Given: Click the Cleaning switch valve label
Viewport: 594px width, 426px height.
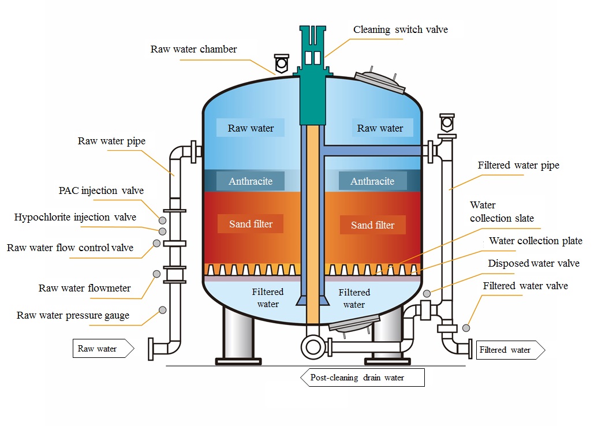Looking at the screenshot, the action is pyautogui.click(x=401, y=29).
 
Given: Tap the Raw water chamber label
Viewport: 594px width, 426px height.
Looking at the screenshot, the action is pyautogui.click(x=193, y=49).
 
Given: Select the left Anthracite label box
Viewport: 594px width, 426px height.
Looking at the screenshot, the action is pyautogui.click(x=251, y=181).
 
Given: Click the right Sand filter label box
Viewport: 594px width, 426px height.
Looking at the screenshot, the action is pyautogui.click(x=372, y=225).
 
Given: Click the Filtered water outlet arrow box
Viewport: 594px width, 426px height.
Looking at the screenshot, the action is pyautogui.click(x=510, y=350).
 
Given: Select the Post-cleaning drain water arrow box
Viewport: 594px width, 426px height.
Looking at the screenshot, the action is pyautogui.click(x=363, y=378).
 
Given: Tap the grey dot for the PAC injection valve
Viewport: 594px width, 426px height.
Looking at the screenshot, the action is pyautogui.click(x=163, y=221).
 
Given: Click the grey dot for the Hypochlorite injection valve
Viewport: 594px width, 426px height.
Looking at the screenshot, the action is pyautogui.click(x=163, y=231).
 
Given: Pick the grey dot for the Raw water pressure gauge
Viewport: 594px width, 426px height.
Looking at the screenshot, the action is pyautogui.click(x=163, y=310).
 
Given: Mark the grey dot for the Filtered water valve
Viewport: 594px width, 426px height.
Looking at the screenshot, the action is pyautogui.click(x=466, y=328).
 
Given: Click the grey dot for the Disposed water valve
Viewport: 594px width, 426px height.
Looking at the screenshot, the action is pyautogui.click(x=427, y=293).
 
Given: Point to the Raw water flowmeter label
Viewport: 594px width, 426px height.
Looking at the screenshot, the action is pyautogui.click(x=84, y=288).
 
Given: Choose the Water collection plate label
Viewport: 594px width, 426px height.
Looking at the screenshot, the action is pyautogui.click(x=536, y=241).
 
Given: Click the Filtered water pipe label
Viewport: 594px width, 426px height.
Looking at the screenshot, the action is pyautogui.click(x=518, y=166).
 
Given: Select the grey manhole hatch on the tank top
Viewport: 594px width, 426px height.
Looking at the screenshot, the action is pyautogui.click(x=380, y=81).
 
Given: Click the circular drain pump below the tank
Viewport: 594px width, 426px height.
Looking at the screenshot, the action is pyautogui.click(x=313, y=346).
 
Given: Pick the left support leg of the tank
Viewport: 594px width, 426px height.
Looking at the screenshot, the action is pyautogui.click(x=238, y=335).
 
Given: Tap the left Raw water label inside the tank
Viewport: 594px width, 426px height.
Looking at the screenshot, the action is pyautogui.click(x=251, y=128).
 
